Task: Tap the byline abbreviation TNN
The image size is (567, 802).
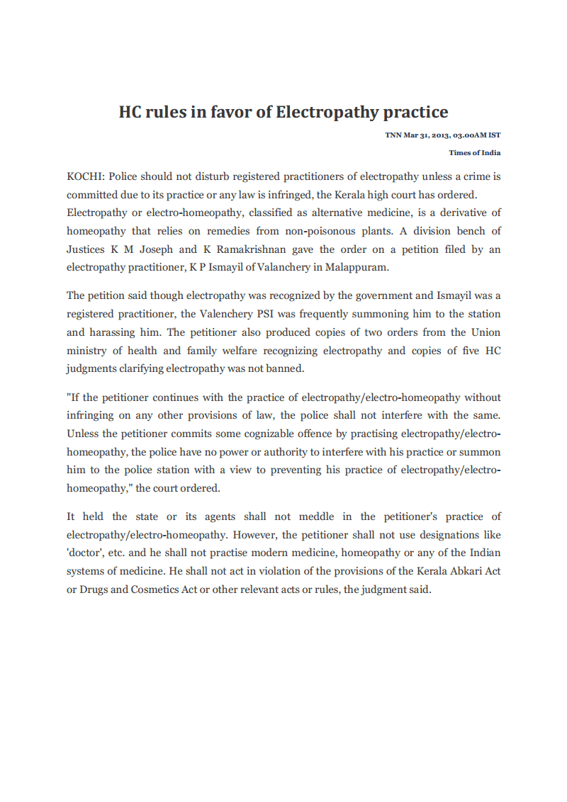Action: [393, 135]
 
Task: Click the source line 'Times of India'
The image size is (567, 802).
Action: [475, 152]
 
